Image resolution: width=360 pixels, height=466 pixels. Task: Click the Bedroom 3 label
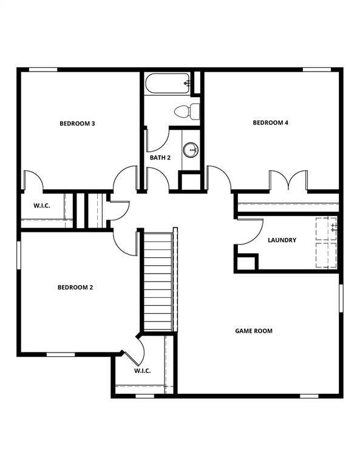[x=76, y=124]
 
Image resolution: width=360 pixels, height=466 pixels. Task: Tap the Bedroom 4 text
[x=270, y=123]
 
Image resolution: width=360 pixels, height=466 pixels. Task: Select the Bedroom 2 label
[x=75, y=288]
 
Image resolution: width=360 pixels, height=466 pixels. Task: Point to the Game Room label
[x=254, y=331]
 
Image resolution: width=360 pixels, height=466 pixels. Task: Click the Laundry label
[x=282, y=240]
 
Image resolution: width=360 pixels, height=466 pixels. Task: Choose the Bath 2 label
[x=160, y=158]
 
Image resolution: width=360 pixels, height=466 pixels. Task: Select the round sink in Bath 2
[x=191, y=149]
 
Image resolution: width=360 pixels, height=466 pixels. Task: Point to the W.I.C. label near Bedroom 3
[x=41, y=206]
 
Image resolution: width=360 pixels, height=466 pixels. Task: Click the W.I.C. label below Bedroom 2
[x=142, y=371]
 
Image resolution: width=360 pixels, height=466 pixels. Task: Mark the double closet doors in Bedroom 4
[x=289, y=181]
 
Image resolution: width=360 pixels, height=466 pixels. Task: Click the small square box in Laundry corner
[x=246, y=262]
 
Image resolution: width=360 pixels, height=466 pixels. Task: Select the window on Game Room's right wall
[x=341, y=300]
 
